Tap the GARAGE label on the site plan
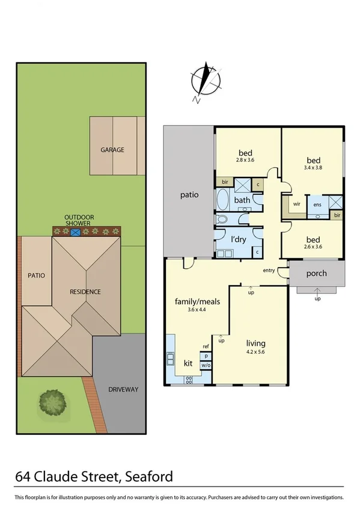click(112, 150)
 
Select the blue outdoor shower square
click(76, 232)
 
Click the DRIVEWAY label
click(123, 390)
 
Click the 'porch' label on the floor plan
click(316, 273)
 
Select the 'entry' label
click(269, 271)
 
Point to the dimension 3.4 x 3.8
click(313, 168)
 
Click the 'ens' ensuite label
click(317, 204)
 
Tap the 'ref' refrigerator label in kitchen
click(205, 346)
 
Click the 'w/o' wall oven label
click(205, 365)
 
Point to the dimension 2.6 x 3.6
click(313, 246)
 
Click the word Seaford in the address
click(148, 478)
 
